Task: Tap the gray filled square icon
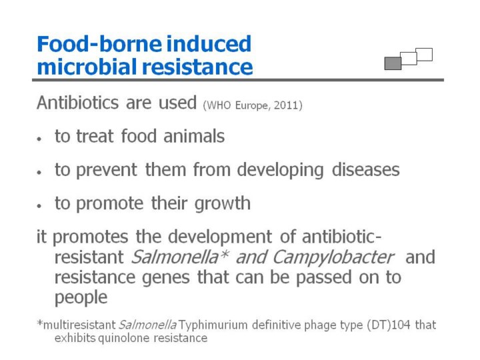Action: (x=393, y=63)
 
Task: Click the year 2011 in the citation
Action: (x=286, y=105)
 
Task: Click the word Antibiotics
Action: (x=78, y=103)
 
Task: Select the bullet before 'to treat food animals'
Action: (x=39, y=139)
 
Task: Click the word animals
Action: (x=194, y=136)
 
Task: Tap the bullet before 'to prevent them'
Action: (x=39, y=173)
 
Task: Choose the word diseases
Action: (x=366, y=169)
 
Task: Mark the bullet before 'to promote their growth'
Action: (x=39, y=206)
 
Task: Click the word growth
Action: (x=223, y=204)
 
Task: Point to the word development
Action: (x=220, y=237)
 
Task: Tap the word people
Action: (x=81, y=297)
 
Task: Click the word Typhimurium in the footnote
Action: (x=213, y=325)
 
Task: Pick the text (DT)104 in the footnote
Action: (x=389, y=325)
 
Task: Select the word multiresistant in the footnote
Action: (x=79, y=325)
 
